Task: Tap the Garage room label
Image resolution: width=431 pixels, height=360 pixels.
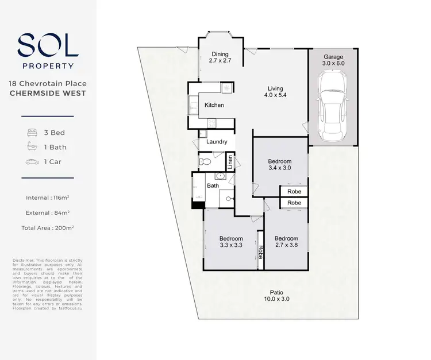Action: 333,57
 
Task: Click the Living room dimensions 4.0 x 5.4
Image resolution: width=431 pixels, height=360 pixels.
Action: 275,95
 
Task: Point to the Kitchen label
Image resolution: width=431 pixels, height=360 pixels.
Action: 214,105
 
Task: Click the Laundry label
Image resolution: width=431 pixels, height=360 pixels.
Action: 216,142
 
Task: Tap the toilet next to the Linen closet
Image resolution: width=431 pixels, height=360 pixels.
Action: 205,162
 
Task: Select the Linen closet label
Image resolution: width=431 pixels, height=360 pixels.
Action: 230,162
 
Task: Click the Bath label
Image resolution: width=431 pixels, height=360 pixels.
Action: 213,185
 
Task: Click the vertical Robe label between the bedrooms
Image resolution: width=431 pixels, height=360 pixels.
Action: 260,253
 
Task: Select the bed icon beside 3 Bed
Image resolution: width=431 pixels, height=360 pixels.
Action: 32,133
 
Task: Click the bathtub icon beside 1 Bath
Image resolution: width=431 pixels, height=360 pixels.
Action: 32,147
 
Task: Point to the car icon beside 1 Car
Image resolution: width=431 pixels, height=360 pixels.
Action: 32,162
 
